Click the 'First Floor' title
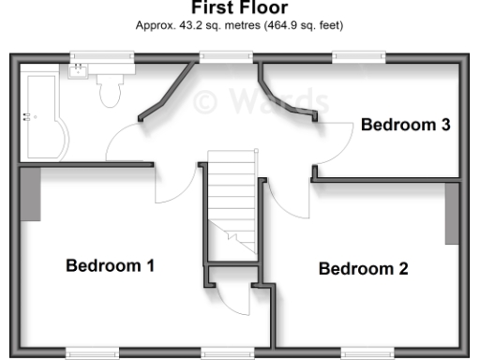[240, 8]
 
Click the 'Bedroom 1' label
[110, 265]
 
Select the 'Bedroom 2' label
[364, 269]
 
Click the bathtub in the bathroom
[45, 117]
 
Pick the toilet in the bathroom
[109, 91]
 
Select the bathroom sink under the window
[78, 70]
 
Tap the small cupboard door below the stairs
[232, 298]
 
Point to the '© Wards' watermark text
[261, 99]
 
